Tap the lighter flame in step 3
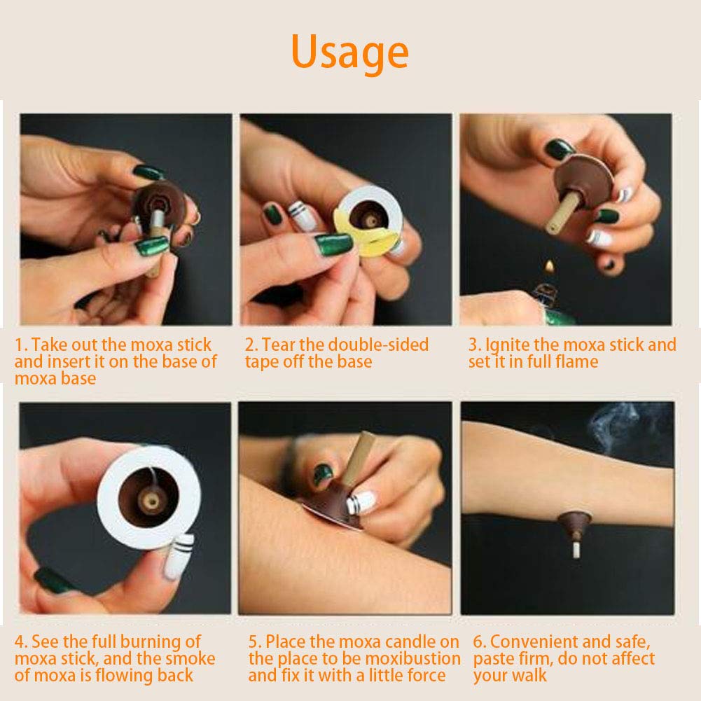point(550,268)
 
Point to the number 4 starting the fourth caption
point(20,642)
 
